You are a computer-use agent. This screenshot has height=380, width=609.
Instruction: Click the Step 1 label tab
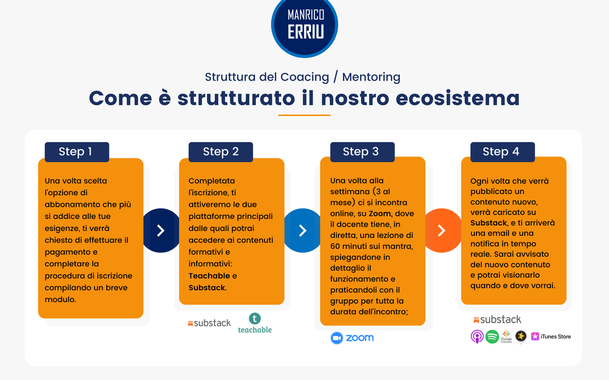point(77,152)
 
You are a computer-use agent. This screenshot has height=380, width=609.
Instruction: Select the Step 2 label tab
point(221,152)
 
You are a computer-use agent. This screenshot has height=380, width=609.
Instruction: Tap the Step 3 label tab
point(362,152)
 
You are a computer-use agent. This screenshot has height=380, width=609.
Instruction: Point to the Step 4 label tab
point(503,152)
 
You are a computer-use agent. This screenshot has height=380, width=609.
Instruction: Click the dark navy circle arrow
point(159,231)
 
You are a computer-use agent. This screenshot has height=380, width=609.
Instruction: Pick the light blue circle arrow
point(301,231)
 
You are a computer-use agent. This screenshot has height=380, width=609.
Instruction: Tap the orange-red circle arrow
point(442,231)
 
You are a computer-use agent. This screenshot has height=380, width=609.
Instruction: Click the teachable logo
point(255,323)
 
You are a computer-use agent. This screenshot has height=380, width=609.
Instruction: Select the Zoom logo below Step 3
point(352,338)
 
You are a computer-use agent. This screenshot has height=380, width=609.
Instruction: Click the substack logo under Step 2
point(209,323)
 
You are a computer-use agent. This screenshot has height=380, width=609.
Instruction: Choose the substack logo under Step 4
point(497,319)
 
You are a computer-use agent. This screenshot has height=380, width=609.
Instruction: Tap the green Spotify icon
point(492,336)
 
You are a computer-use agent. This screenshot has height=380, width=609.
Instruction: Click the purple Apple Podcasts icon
point(477,336)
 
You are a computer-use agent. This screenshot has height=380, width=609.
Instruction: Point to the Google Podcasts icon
point(507,336)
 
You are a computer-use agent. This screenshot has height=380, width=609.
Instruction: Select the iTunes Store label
point(551,336)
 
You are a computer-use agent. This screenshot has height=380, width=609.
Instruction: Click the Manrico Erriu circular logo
point(305,26)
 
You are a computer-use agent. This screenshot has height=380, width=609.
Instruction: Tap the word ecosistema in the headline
point(458,98)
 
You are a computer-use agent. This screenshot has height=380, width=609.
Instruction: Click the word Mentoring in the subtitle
point(371,77)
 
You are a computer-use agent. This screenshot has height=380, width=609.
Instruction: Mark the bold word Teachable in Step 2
point(209,276)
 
